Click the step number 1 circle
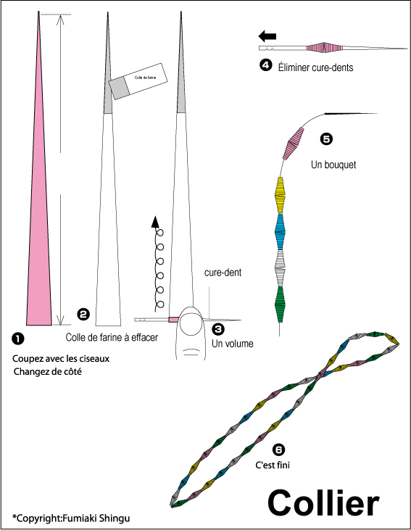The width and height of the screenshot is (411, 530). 18,339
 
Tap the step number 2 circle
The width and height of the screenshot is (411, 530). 83,315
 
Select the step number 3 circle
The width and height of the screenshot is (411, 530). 218,328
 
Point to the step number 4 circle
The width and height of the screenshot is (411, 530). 266,65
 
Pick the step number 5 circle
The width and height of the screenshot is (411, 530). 326,139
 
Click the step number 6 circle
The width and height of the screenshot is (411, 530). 278,450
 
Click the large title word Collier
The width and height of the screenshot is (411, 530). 323,504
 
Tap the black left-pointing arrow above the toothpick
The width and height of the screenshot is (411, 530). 267,36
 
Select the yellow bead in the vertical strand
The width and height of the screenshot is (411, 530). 281,195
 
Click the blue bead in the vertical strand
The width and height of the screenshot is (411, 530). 281,231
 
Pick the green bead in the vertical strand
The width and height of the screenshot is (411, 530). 281,305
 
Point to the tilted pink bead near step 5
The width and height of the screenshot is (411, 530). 293,143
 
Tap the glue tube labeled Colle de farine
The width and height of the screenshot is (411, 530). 138,81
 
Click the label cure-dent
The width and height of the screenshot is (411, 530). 223,273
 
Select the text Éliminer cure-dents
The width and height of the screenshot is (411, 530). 316,67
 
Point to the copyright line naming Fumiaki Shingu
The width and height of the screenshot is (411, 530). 71,518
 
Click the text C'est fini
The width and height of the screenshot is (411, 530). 273,465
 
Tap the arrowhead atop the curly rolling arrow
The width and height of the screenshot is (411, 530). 155,221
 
